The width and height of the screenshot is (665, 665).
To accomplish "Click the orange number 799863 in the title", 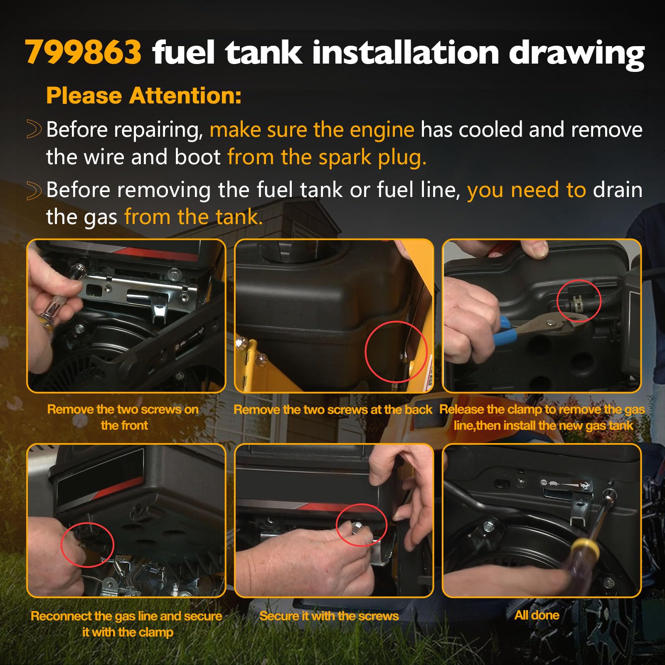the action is [84, 52].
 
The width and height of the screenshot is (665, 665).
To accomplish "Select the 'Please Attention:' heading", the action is [144, 96].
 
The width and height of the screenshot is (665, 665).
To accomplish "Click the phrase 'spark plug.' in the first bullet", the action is [372, 158].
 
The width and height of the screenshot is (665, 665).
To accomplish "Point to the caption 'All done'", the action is [537, 615].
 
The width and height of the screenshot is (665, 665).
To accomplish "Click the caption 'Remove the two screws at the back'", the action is [333, 410].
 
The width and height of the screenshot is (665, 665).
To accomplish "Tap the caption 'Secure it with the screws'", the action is [329, 616].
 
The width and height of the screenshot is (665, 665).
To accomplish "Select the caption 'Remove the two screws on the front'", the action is [123, 417].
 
